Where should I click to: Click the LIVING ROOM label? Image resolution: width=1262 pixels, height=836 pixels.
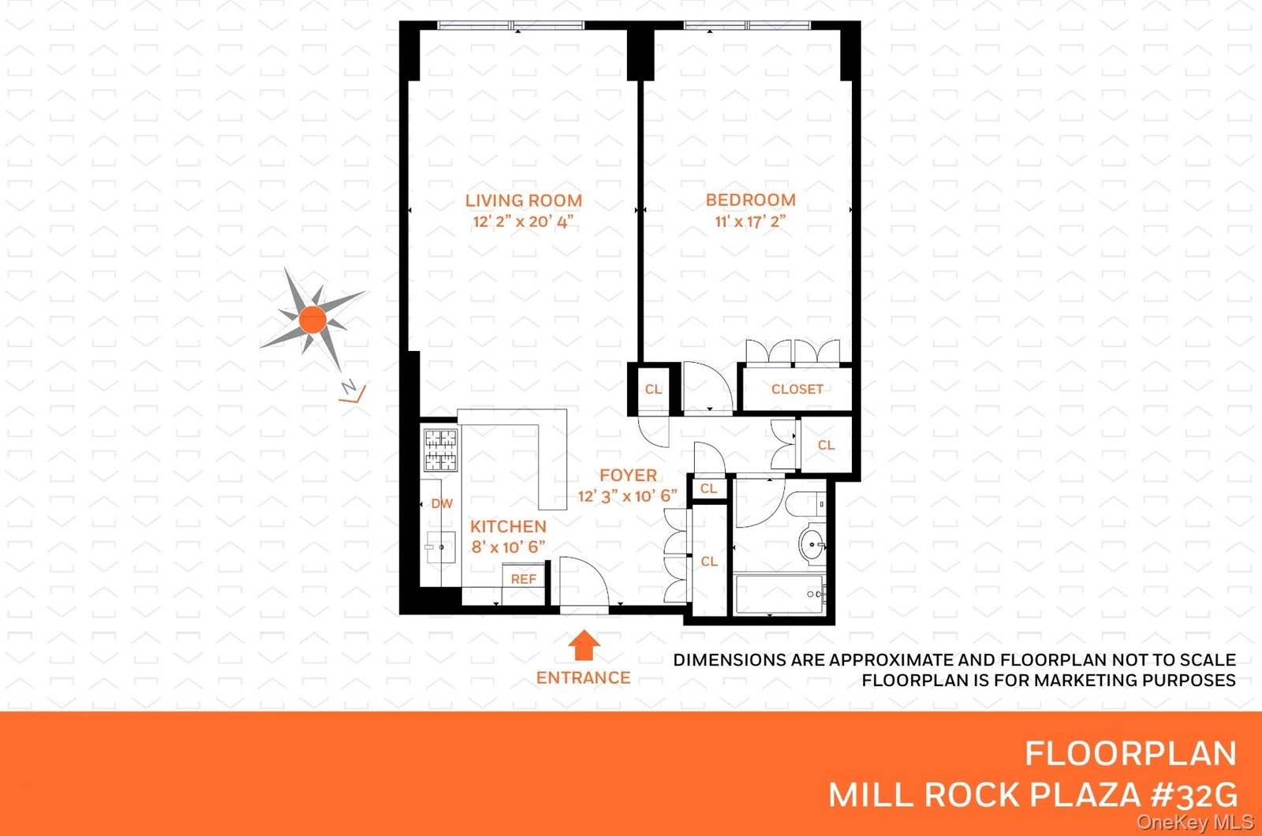523,200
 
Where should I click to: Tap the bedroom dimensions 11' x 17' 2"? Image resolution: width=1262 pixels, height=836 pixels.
750,222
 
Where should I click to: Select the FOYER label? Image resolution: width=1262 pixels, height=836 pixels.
628,476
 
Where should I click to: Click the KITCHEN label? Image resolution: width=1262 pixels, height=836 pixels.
508,526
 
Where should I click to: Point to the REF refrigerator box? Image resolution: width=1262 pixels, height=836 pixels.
523,579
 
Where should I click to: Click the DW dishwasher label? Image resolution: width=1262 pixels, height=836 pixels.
442,503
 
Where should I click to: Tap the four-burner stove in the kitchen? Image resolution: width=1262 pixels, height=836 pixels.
440,450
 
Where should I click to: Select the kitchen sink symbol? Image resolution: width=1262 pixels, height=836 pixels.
440,546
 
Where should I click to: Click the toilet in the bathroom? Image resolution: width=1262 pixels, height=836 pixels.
806,503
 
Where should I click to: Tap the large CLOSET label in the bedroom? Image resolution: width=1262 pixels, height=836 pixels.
797,389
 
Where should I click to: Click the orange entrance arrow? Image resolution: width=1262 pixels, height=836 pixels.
584,645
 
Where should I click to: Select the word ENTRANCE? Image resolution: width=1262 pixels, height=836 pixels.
583,677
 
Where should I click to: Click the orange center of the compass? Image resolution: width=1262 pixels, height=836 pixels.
312,319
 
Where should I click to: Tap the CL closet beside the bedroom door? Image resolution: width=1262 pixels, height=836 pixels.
653,389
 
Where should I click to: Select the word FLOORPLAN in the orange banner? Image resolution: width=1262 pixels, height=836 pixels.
1129,754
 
